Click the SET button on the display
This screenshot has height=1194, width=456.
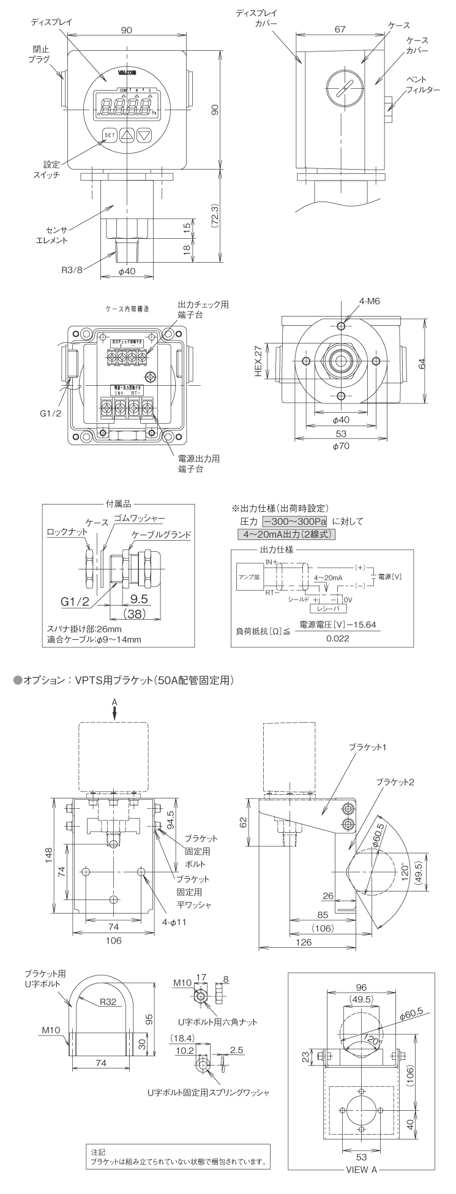click(110, 135)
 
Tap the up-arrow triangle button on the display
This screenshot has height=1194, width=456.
click(126, 135)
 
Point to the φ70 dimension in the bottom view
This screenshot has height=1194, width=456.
click(341, 446)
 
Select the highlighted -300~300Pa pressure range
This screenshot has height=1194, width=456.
click(296, 522)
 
